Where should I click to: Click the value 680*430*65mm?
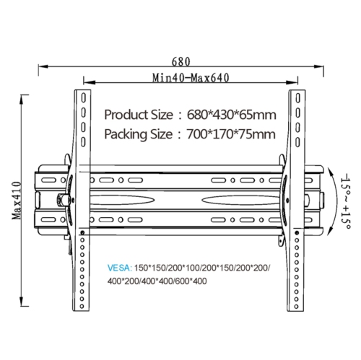225,115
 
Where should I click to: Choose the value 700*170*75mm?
227,133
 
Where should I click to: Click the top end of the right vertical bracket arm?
297,92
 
